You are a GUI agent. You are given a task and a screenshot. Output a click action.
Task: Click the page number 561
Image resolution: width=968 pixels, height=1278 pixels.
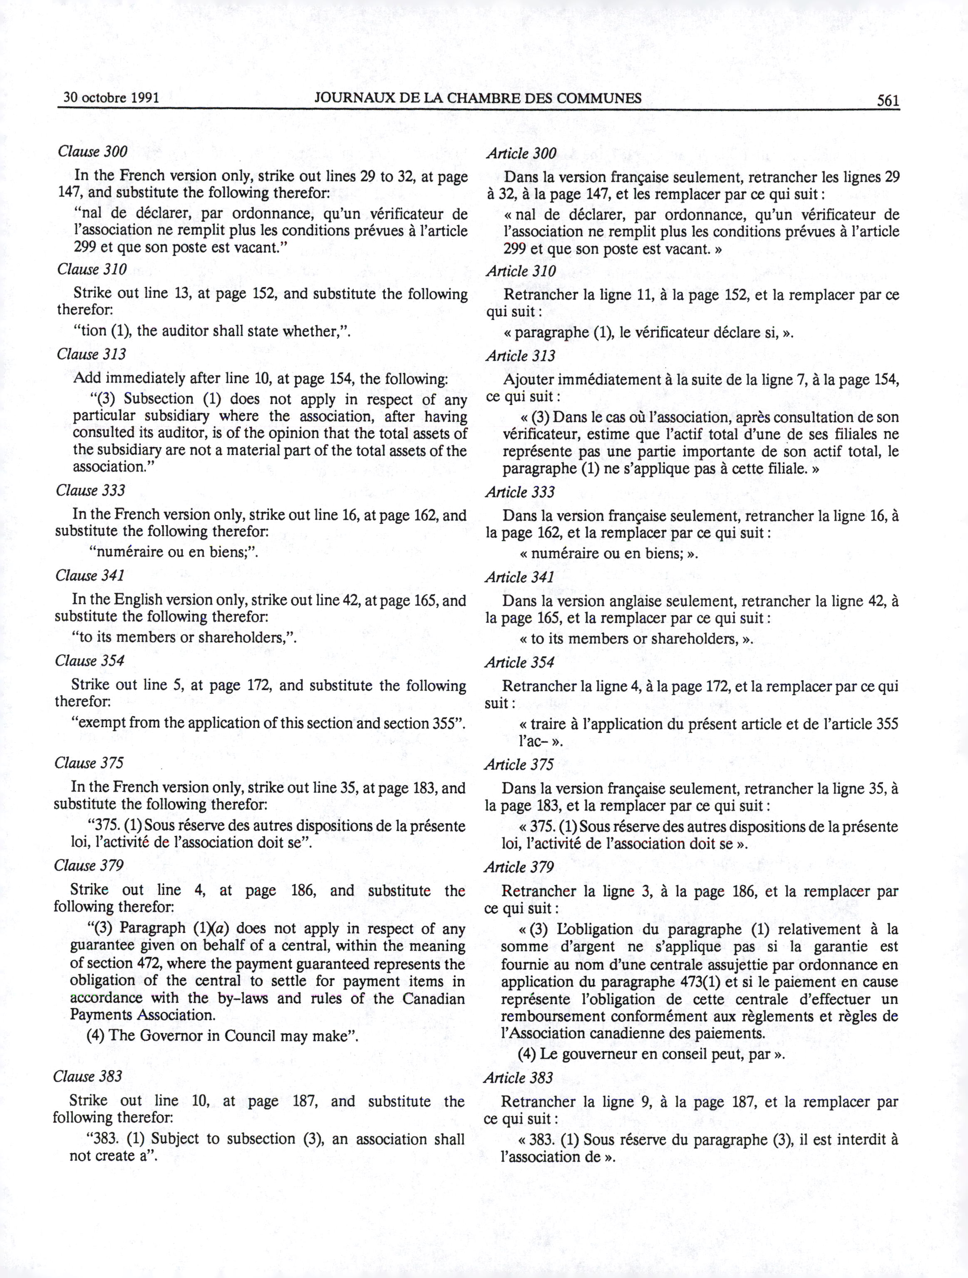888,100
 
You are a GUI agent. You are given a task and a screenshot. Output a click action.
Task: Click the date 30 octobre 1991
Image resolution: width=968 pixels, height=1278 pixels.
111,97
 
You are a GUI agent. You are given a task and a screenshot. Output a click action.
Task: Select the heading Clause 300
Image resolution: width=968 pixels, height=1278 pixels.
92,152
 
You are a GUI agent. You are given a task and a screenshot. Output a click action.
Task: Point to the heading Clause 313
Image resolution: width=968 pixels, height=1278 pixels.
91,354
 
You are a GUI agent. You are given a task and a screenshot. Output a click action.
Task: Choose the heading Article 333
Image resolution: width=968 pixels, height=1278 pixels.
520,492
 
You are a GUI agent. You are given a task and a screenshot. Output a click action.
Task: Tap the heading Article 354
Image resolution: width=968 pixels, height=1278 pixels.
519,662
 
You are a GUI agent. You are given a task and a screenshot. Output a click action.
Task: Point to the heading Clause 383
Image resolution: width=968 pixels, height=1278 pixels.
88,1076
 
